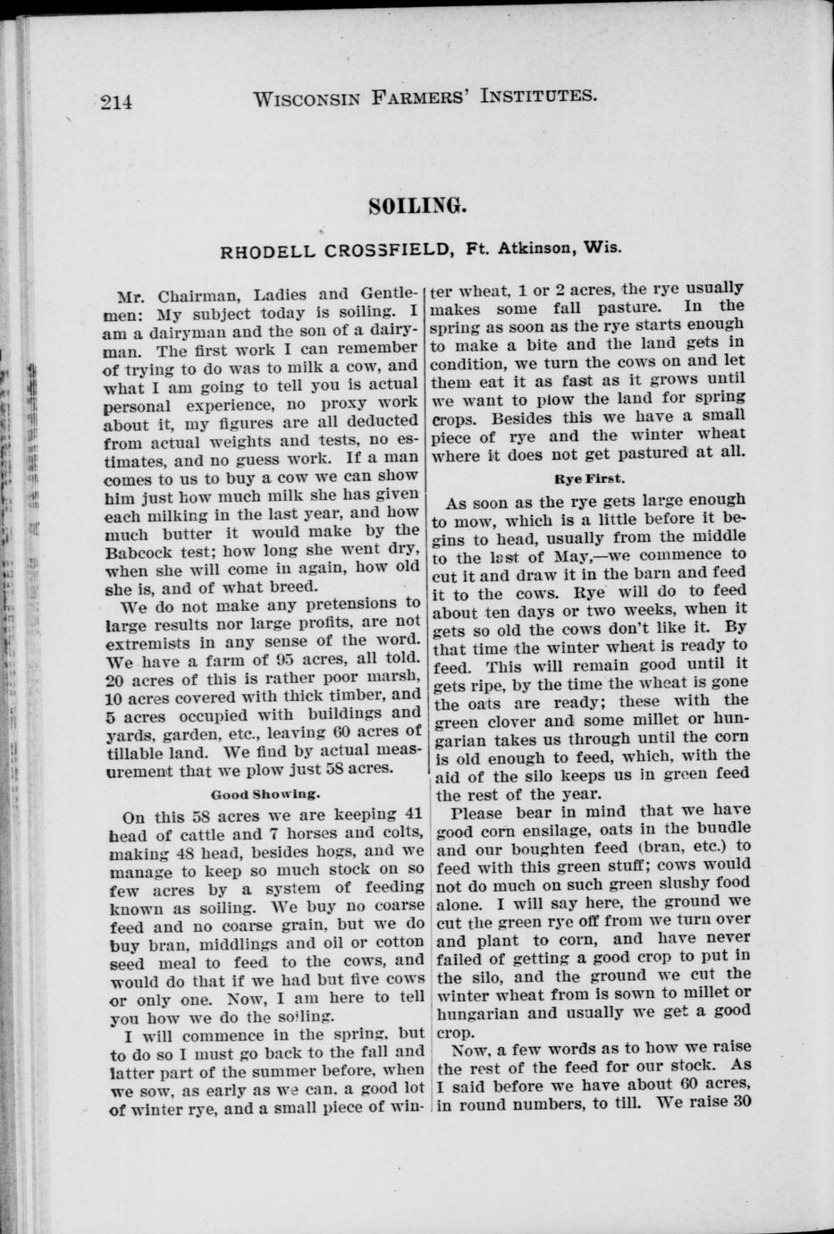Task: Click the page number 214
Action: pos(116,101)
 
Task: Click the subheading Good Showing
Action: pos(265,793)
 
